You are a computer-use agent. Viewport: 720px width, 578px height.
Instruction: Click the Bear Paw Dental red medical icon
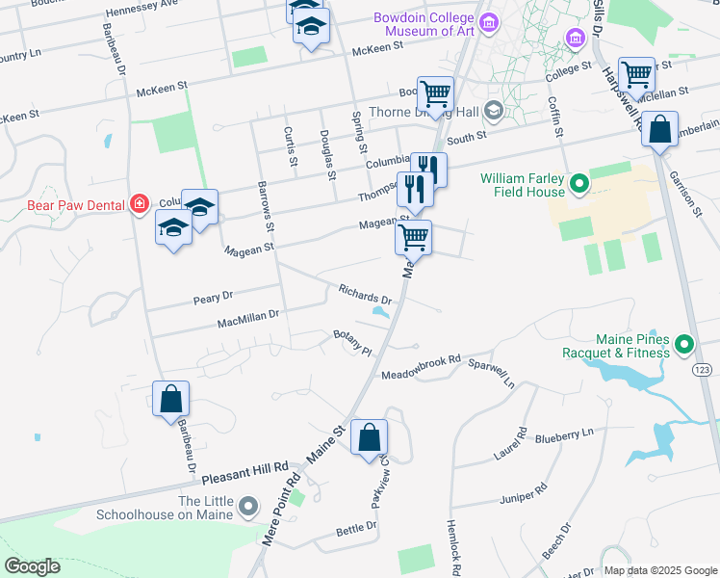(x=141, y=203)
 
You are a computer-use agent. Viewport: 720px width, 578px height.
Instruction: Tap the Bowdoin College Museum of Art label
(x=425, y=23)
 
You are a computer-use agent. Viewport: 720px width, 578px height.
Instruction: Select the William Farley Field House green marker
(x=579, y=182)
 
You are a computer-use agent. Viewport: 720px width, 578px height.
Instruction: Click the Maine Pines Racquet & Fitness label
(x=617, y=347)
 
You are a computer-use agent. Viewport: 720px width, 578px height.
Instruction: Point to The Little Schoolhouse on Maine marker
(x=249, y=505)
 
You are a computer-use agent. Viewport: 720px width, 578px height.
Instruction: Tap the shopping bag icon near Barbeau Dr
(x=170, y=398)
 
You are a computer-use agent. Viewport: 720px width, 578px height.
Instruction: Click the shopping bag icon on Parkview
(x=369, y=437)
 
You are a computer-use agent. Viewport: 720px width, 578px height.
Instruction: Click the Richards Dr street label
(x=365, y=294)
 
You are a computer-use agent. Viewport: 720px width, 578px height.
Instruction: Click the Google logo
(x=32, y=566)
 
